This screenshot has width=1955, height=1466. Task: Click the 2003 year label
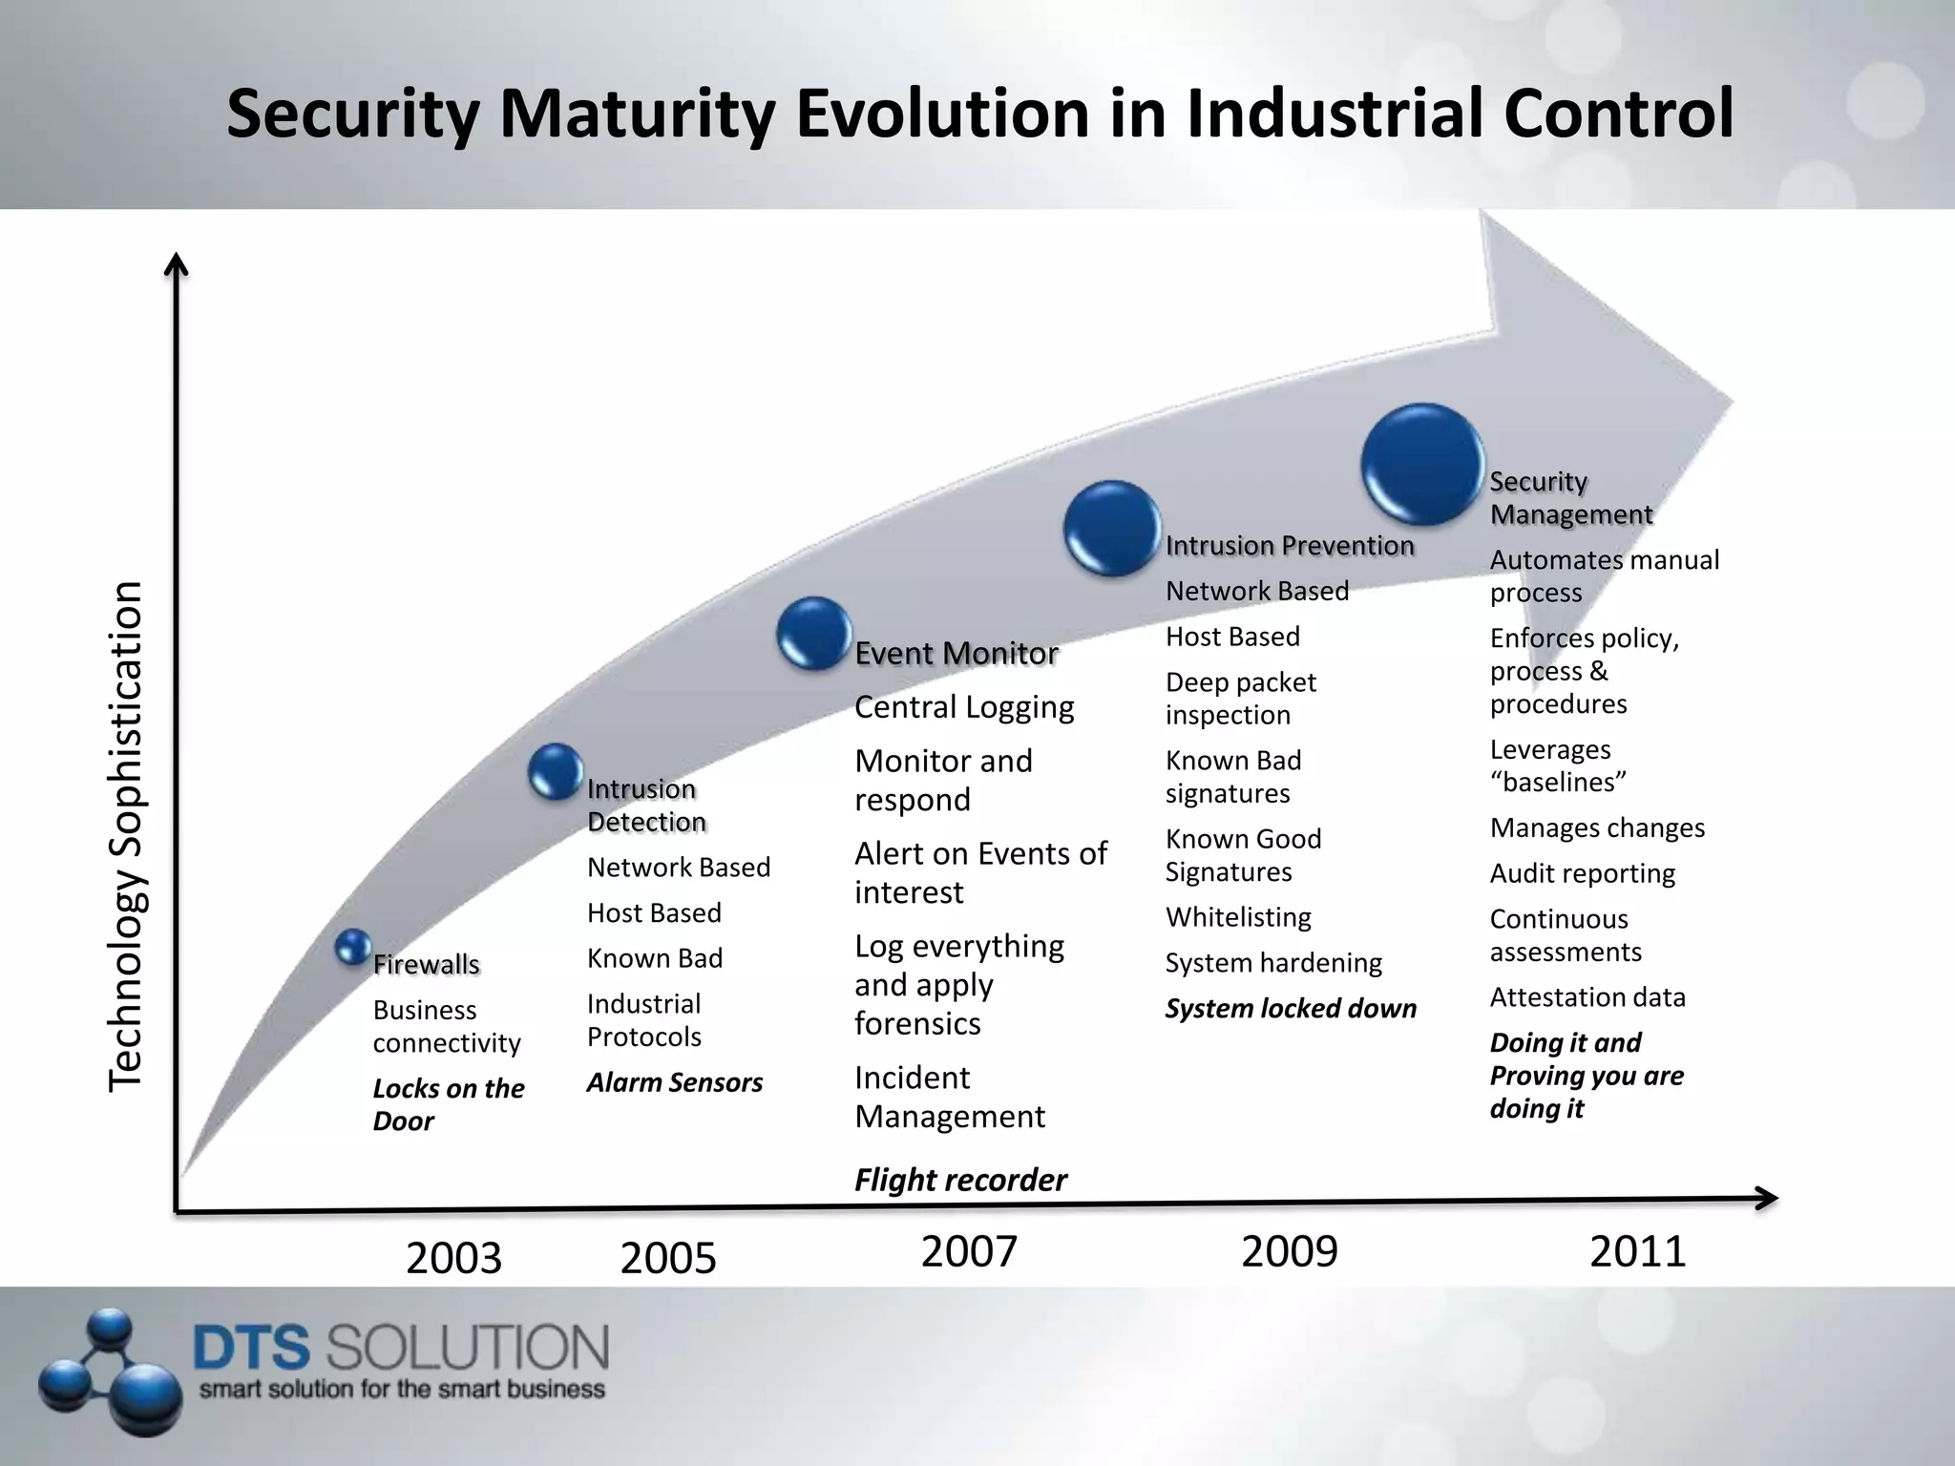(453, 1258)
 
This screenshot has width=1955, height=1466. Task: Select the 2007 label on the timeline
(969, 1251)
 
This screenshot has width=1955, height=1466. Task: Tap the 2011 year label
(1637, 1251)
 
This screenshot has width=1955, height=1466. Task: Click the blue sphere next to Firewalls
(353, 947)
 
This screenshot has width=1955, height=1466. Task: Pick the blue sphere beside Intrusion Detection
(556, 770)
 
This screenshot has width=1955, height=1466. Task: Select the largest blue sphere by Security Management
(1421, 465)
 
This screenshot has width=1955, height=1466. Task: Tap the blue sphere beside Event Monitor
(813, 632)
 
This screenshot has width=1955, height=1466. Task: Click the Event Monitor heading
(956, 654)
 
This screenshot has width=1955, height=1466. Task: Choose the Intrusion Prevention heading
(1289, 546)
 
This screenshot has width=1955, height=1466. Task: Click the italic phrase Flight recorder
(959, 1181)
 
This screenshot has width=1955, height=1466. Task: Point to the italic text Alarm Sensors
(674, 1082)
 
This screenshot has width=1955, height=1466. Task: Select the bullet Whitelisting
(1238, 917)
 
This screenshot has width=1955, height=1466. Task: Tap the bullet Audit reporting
(1582, 873)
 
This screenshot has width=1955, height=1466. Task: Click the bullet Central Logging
(964, 707)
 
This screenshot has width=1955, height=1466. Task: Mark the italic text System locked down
(1290, 1009)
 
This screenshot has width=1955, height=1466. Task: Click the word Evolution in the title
(942, 114)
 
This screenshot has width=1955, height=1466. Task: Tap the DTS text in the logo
(252, 1349)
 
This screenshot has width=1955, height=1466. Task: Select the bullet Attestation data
(1587, 997)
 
